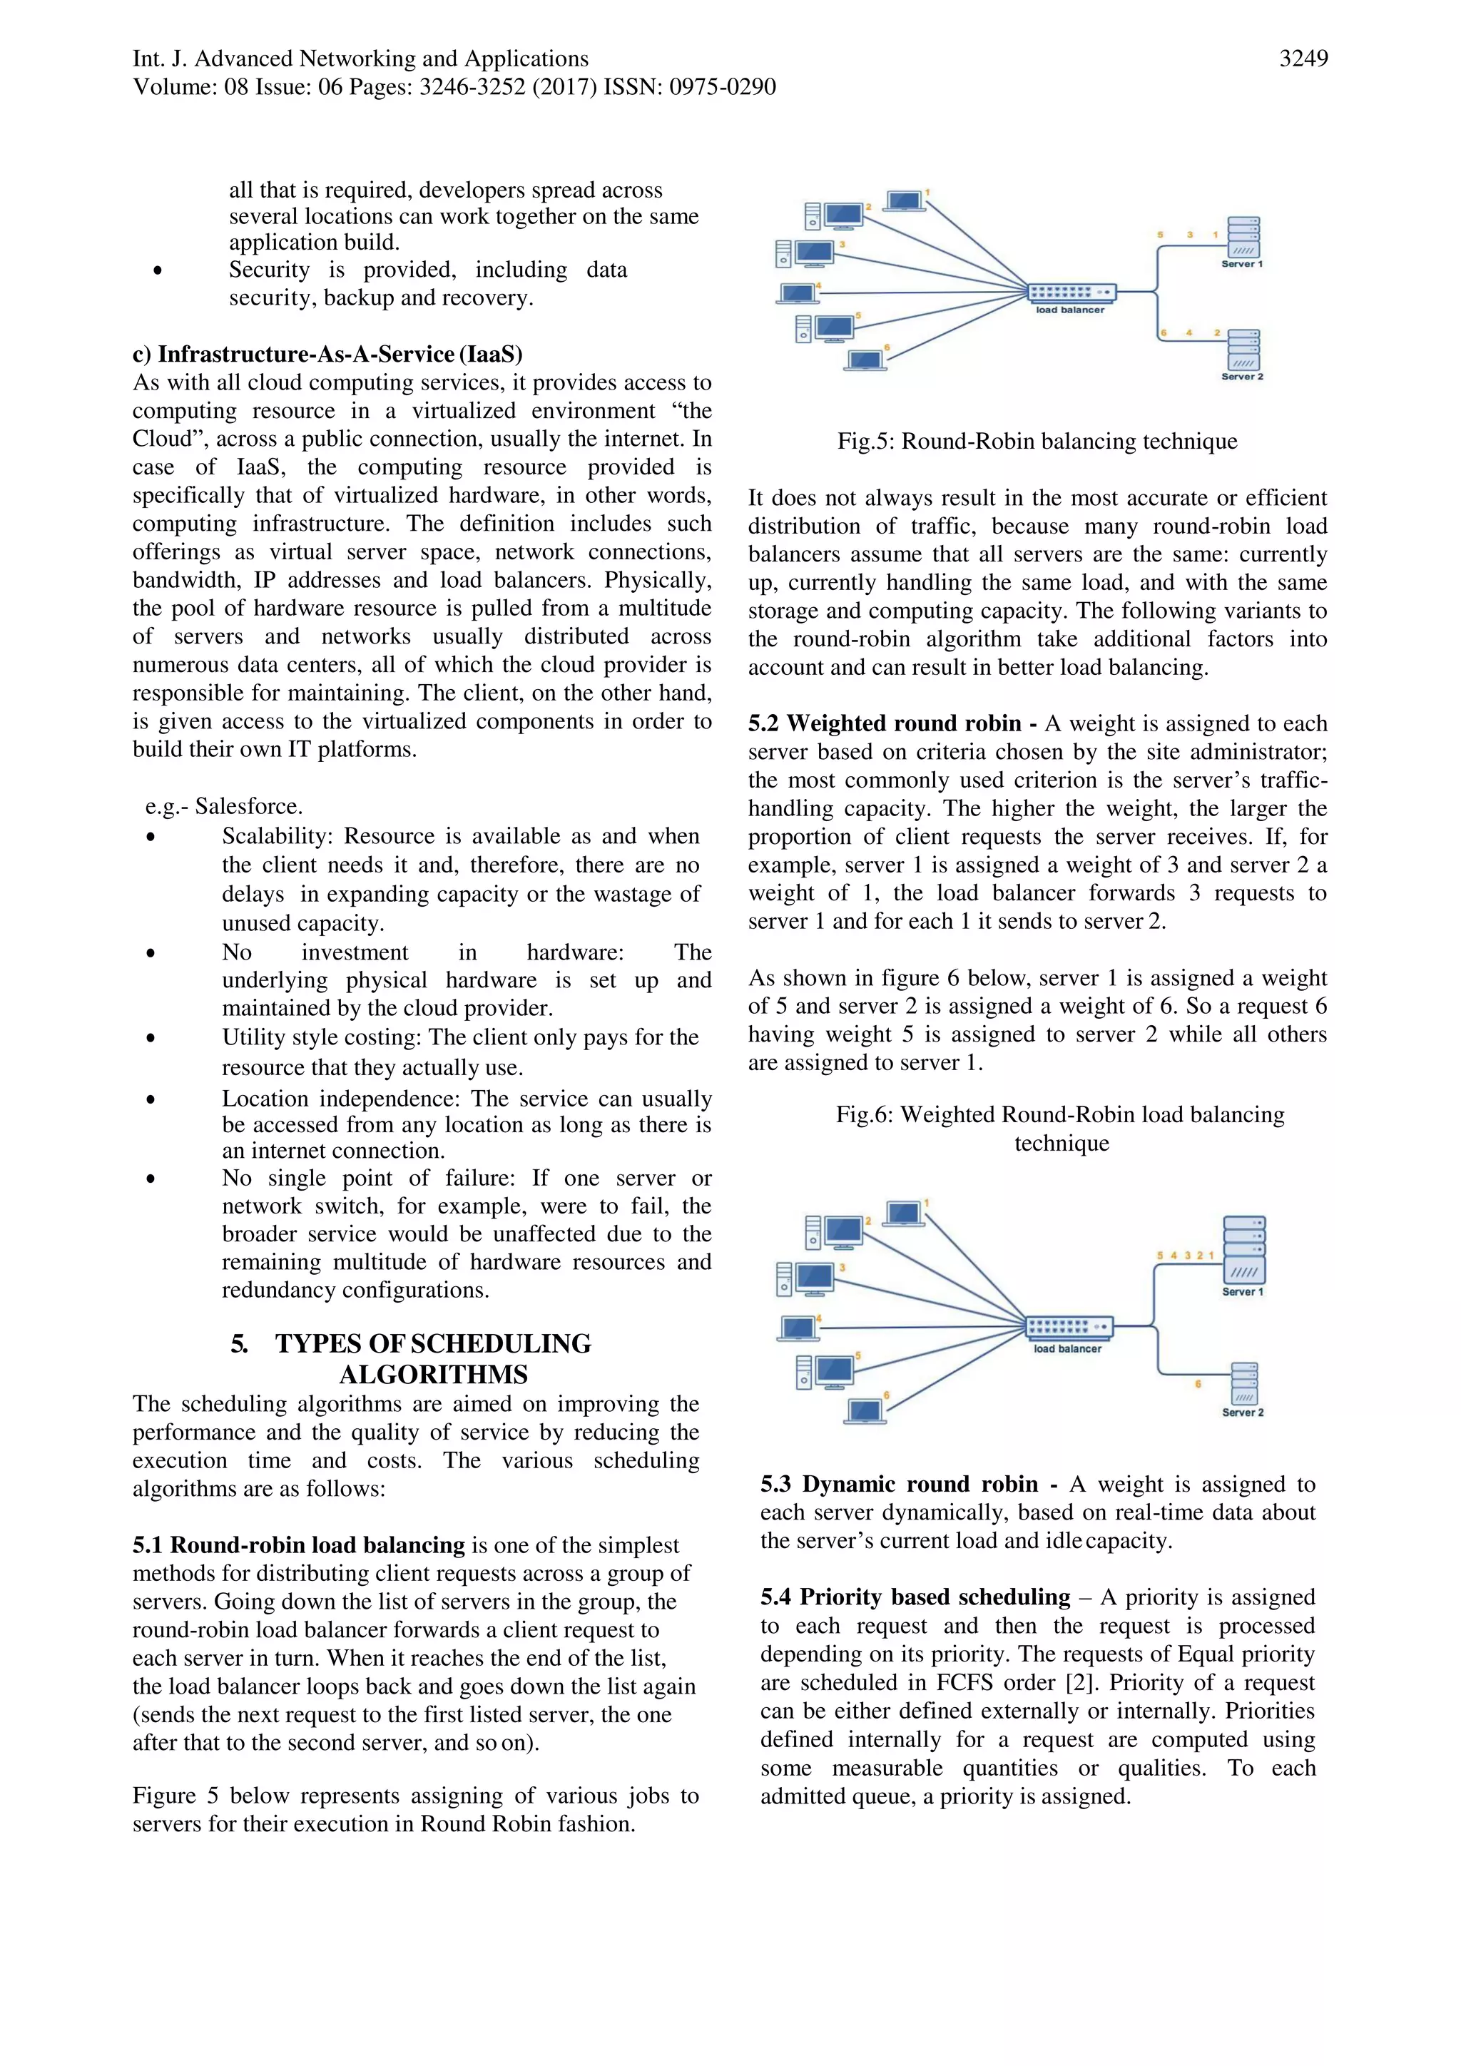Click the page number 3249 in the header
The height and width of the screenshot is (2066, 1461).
pos(1303,59)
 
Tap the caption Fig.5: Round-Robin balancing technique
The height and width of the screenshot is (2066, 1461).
pos(1037,442)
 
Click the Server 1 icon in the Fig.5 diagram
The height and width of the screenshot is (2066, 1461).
pos(1243,238)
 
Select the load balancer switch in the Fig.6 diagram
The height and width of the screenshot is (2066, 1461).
pos(1069,1327)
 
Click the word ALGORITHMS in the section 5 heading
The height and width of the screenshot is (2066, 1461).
pos(433,1375)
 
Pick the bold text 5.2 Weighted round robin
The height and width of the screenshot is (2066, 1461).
pos(885,724)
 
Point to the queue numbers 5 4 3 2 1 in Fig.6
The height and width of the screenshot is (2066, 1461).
pos(1185,1256)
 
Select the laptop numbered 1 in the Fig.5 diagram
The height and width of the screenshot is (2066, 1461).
pos(905,200)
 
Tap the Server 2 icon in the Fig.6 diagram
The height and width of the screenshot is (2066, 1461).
pos(1244,1383)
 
